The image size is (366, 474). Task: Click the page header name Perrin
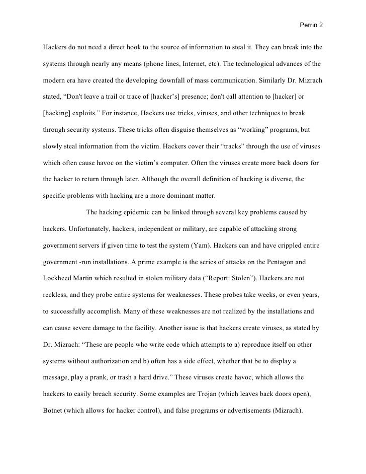click(x=308, y=24)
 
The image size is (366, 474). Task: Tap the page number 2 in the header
click(x=320, y=24)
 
